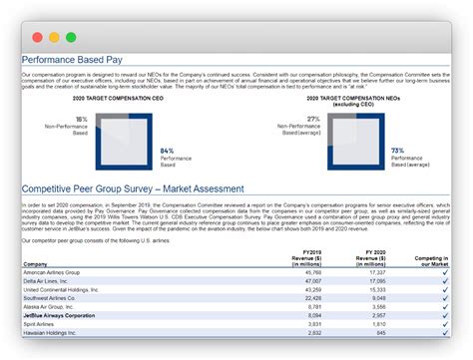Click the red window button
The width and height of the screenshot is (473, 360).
coord(38,38)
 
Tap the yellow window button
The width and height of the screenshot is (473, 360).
coord(54,38)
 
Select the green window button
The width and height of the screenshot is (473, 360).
coord(70,38)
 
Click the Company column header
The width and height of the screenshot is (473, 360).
coord(37,264)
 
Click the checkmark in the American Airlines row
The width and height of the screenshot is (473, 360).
coord(444,272)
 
